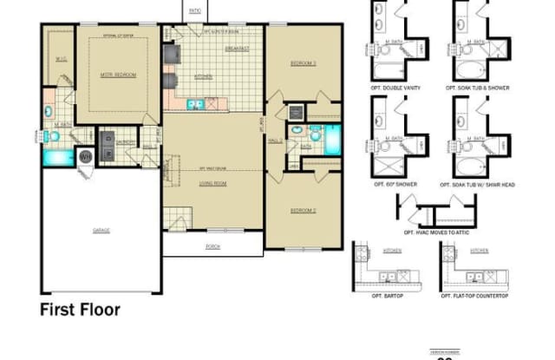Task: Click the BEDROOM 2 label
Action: pyautogui.click(x=303, y=210)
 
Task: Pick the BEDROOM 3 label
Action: pyautogui.click(x=303, y=62)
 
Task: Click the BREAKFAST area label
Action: pyautogui.click(x=237, y=49)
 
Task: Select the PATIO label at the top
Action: pyautogui.click(x=193, y=10)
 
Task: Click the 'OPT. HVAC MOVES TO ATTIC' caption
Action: pyautogui.click(x=433, y=232)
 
